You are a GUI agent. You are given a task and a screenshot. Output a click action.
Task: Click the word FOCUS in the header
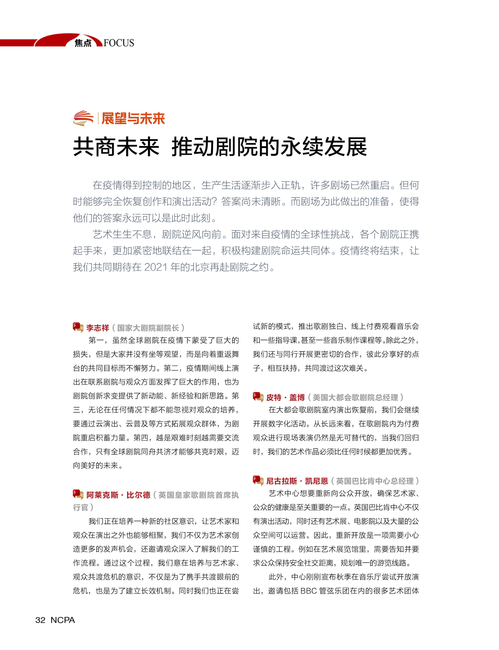pyautogui.click(x=119, y=43)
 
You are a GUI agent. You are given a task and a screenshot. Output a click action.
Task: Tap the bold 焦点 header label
pyautogui.click(x=83, y=43)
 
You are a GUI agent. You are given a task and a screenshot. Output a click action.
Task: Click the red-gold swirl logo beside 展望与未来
pyautogui.click(x=84, y=118)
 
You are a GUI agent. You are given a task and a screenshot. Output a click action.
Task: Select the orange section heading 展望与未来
pyautogui.click(x=133, y=119)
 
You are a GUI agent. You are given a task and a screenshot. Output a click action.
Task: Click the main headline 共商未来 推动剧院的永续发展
pyautogui.click(x=220, y=147)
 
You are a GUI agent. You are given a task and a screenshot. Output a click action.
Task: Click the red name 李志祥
pyautogui.click(x=98, y=328)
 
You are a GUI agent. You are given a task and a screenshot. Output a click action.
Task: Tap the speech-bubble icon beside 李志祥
pyautogui.click(x=78, y=327)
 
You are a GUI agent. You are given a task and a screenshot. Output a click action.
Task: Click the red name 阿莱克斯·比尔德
pyautogui.click(x=118, y=495)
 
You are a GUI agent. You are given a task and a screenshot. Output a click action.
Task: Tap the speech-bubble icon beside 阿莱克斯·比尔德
pyautogui.click(x=78, y=494)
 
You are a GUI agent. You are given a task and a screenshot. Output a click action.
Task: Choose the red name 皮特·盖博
pyautogui.click(x=285, y=397)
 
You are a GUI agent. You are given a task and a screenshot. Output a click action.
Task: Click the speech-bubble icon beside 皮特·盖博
pyautogui.click(x=258, y=397)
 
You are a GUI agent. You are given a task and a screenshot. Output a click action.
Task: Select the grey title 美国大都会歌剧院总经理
pyautogui.click(x=355, y=397)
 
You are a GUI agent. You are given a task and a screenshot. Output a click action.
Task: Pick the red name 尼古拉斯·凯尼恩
pyautogui.click(x=297, y=481)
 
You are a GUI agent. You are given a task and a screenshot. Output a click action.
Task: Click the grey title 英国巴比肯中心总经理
pyautogui.click(x=375, y=481)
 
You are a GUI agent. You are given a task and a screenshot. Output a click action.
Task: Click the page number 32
pyautogui.click(x=40, y=620)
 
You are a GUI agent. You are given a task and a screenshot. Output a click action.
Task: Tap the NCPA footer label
pyautogui.click(x=63, y=620)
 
